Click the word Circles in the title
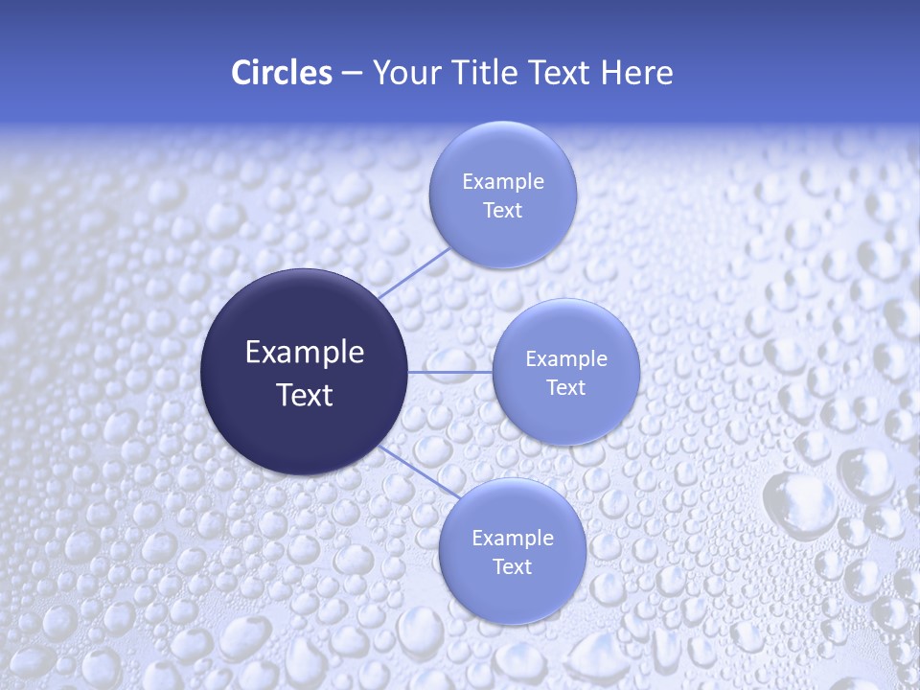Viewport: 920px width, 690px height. click(x=281, y=73)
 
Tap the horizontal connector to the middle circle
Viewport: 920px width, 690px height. click(x=449, y=372)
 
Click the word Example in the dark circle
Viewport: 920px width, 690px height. click(x=305, y=353)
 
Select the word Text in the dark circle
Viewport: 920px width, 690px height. click(x=305, y=395)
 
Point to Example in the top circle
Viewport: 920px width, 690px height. click(x=502, y=181)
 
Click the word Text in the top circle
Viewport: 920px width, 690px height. click(x=502, y=210)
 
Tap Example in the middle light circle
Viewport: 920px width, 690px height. click(x=566, y=358)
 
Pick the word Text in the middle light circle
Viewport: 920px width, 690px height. click(x=566, y=387)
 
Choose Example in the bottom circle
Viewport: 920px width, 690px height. click(x=512, y=538)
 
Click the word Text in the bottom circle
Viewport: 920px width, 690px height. click(x=512, y=566)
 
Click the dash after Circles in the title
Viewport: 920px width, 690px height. click(x=351, y=74)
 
